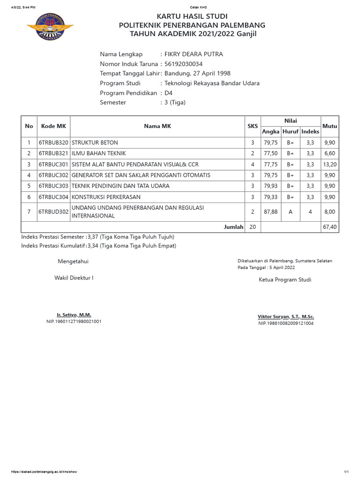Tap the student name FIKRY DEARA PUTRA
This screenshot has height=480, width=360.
pyautogui.click(x=194, y=54)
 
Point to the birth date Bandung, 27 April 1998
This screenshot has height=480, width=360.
pyautogui.click(x=197, y=74)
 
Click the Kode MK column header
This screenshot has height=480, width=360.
pyautogui.click(x=53, y=126)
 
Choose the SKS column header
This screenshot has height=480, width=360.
pyautogui.click(x=253, y=126)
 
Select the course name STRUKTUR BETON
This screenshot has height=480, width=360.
pyautogui.click(x=95, y=142)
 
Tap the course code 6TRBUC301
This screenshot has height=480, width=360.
pyautogui.click(x=53, y=165)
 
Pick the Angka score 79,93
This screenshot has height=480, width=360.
pyautogui.click(x=270, y=186)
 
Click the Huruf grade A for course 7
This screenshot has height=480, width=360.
pyautogui.click(x=290, y=212)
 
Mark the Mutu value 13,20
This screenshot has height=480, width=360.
pyautogui.click(x=330, y=165)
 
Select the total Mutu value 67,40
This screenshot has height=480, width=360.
pyautogui.click(x=330, y=227)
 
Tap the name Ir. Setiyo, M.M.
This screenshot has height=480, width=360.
pyautogui.click(x=74, y=315)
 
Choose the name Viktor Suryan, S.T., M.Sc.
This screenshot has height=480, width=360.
pyautogui.click(x=285, y=316)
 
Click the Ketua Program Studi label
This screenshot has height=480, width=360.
pyautogui.click(x=285, y=280)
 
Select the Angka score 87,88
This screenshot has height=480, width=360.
pyautogui.click(x=270, y=212)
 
